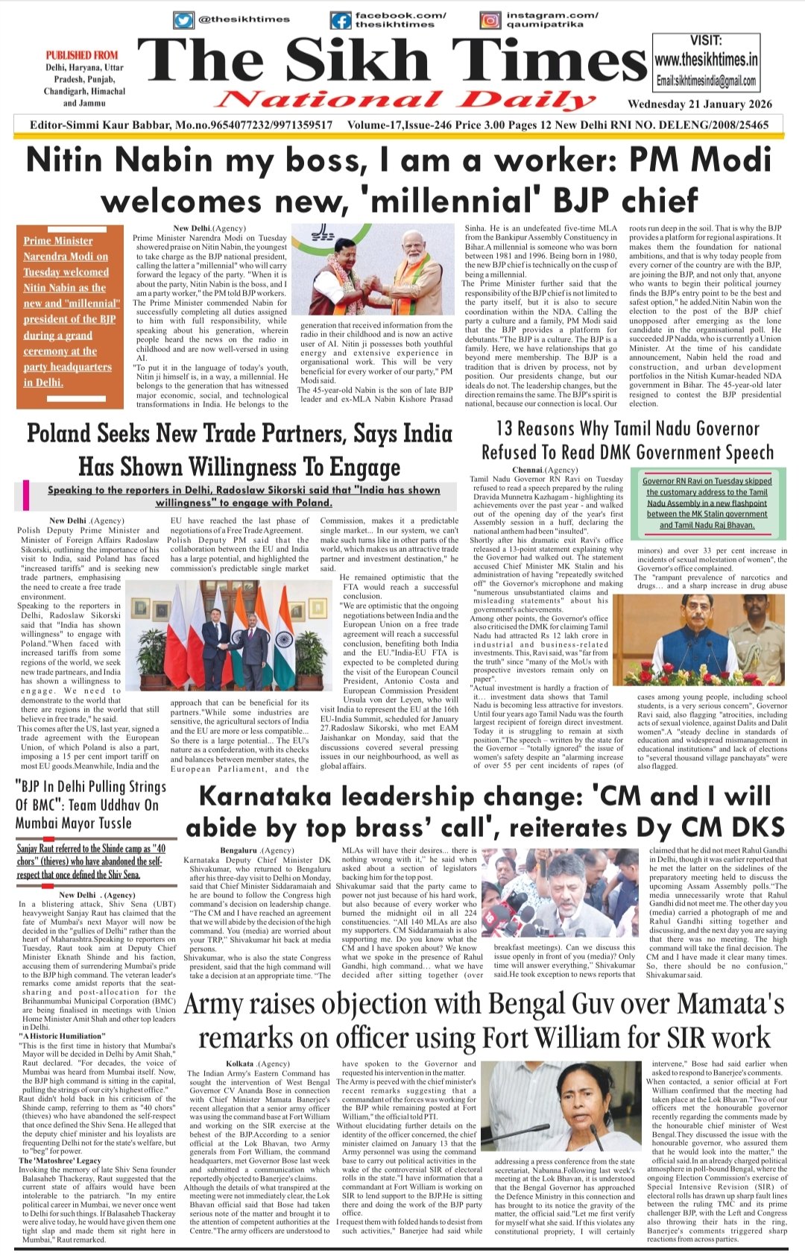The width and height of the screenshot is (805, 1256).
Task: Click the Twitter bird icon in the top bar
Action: [183, 20]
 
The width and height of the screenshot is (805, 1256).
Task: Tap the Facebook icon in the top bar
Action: [340, 20]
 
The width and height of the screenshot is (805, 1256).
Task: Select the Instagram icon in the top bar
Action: [490, 20]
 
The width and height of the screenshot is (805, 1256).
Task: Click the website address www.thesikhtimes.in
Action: [706, 59]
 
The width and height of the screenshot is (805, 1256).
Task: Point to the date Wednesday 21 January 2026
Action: [699, 104]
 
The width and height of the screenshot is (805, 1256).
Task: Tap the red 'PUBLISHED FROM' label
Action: [82, 55]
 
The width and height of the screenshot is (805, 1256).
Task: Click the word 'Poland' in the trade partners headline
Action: [60, 434]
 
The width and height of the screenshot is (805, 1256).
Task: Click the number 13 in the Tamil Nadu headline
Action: [505, 428]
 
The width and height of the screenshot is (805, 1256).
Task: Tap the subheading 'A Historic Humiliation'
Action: [63, 1036]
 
